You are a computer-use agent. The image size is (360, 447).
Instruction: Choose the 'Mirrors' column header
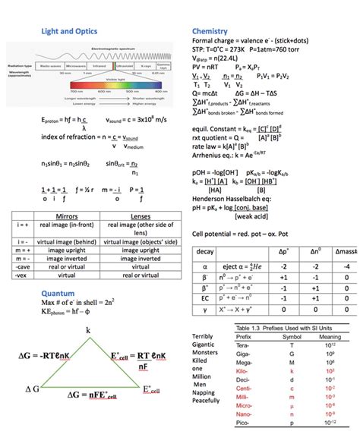pos(67,216)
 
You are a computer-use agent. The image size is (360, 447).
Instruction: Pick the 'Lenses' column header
pos(140,216)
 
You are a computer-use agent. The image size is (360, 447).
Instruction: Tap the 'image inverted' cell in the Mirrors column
pos(67,258)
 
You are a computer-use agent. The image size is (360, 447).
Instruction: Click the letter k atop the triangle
pos(88,330)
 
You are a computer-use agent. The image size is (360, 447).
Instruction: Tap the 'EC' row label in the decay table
pos(205,297)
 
